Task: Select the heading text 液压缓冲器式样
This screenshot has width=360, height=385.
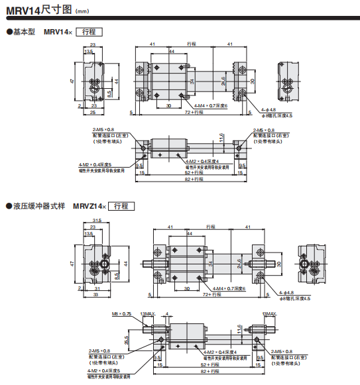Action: tap(39, 206)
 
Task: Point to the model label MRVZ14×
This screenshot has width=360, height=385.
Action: tap(89, 206)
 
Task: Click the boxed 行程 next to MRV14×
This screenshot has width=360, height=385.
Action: tap(90, 32)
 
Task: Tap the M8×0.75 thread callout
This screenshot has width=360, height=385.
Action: tap(122, 313)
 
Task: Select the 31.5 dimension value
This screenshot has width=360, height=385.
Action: tap(97, 221)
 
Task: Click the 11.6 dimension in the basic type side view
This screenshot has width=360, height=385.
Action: tap(221, 138)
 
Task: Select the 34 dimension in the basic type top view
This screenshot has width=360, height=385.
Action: tap(192, 82)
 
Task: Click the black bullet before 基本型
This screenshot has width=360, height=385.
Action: tap(9, 32)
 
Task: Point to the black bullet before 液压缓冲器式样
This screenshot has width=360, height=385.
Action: tap(9, 206)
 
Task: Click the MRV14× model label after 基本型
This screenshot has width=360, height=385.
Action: tap(58, 32)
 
